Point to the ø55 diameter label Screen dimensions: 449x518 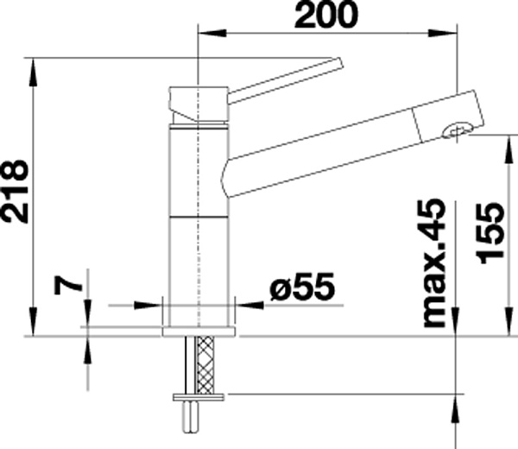[300, 288]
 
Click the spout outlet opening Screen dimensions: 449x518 [455, 130]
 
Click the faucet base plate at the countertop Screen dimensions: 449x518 [199, 329]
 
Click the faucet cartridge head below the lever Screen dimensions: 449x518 [199, 104]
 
